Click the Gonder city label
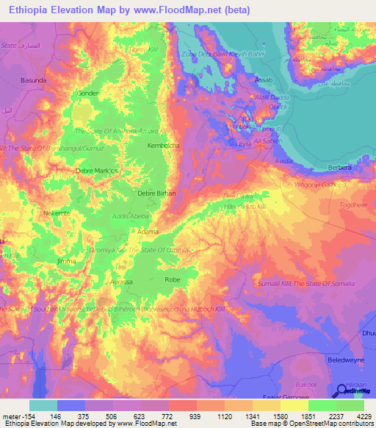(88, 93)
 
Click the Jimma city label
(66, 261)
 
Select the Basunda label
(34, 79)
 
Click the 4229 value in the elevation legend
(364, 415)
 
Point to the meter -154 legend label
(16, 415)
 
